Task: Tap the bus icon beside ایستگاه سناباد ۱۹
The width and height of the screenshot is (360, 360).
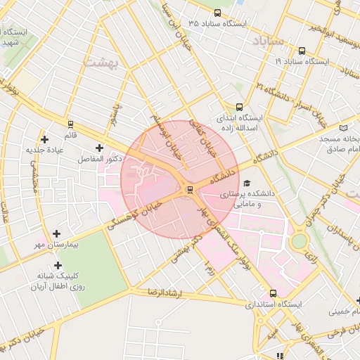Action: tap(302, 51)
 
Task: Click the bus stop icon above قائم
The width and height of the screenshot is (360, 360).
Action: tap(70, 124)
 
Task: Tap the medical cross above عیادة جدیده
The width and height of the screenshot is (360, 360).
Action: tap(46, 139)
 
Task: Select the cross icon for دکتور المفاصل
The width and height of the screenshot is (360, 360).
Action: tap(99, 148)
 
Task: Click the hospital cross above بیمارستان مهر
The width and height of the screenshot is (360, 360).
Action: tap(57, 233)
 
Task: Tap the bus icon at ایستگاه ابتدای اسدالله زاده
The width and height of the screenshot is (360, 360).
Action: tap(240, 108)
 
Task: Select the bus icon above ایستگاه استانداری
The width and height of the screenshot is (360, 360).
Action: tap(273, 294)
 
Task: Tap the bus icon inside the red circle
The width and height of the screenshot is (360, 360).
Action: tap(188, 191)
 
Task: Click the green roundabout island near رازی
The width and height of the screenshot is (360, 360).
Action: tap(300, 240)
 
